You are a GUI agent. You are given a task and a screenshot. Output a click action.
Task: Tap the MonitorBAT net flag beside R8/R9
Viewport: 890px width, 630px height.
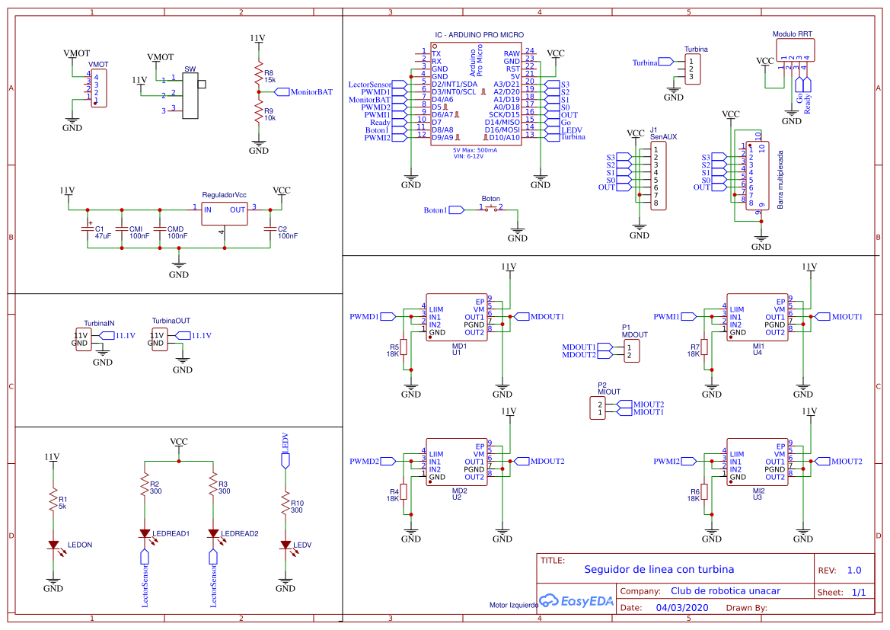click(302, 91)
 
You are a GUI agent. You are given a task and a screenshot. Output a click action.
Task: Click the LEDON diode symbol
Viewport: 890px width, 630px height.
click(53, 545)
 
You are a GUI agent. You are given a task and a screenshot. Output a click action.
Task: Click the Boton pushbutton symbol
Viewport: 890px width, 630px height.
click(491, 208)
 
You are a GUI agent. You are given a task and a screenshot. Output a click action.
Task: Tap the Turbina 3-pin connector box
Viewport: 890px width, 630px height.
click(692, 69)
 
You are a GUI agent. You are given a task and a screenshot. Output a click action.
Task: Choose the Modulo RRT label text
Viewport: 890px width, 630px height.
click(792, 34)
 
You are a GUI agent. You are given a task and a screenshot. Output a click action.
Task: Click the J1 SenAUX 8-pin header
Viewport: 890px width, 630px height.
click(659, 176)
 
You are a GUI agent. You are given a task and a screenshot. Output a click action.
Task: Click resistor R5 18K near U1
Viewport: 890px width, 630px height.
click(404, 347)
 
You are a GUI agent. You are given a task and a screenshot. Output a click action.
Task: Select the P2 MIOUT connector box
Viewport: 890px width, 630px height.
click(600, 408)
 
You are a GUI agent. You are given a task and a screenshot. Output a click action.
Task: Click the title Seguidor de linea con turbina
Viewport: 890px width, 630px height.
click(659, 569)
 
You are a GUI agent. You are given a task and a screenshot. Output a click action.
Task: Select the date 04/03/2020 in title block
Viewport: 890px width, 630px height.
click(681, 608)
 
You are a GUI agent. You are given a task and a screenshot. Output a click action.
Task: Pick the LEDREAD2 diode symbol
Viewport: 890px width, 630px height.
click(213, 533)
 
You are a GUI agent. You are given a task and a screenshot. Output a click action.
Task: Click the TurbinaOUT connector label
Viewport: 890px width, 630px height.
click(171, 321)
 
